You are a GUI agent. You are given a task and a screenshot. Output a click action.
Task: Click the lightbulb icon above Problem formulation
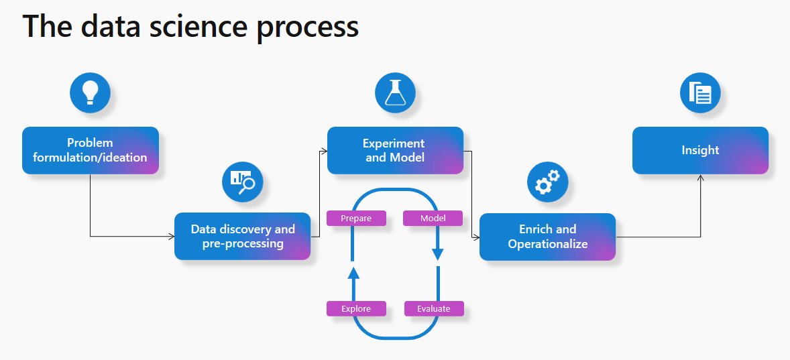[x=90, y=93]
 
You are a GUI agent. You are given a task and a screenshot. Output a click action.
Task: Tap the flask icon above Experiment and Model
[x=395, y=93]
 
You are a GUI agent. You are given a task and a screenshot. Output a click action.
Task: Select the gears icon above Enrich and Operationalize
[x=547, y=182]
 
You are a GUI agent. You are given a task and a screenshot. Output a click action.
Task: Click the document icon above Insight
[x=700, y=93]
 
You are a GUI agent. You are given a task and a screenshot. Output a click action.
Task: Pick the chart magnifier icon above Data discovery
[x=242, y=182]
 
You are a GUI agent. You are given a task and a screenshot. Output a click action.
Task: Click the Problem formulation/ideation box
[x=91, y=150]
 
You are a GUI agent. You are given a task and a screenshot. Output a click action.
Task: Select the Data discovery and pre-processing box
[x=243, y=236]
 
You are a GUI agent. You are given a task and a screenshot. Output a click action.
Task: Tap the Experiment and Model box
[x=395, y=150]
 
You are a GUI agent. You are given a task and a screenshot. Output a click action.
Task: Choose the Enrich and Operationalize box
[x=547, y=236]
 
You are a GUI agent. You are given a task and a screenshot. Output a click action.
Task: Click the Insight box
[x=700, y=150]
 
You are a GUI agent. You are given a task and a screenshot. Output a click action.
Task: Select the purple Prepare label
[x=356, y=219]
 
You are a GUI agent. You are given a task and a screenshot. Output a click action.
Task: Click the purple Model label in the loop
[x=433, y=219]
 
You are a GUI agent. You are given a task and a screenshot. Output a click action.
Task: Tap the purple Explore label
[x=356, y=308]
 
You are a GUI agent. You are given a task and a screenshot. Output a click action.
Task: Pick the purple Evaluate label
[x=434, y=308]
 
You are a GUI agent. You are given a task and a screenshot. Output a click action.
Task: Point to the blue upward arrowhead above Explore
[x=353, y=272]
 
